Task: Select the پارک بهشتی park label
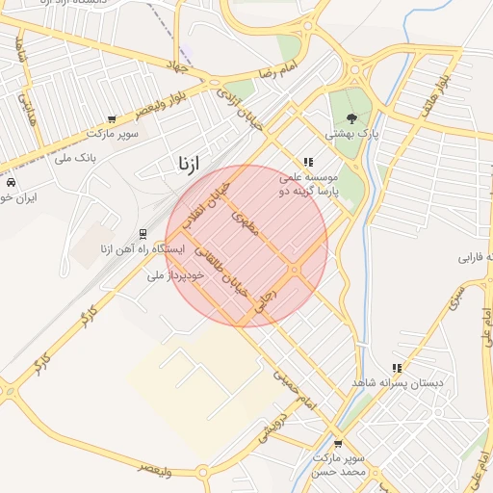tap(351, 135)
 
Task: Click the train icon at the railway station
tap(143, 233)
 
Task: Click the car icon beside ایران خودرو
tap(10, 182)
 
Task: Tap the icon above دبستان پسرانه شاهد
tap(397, 368)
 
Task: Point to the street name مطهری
tap(243, 225)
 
